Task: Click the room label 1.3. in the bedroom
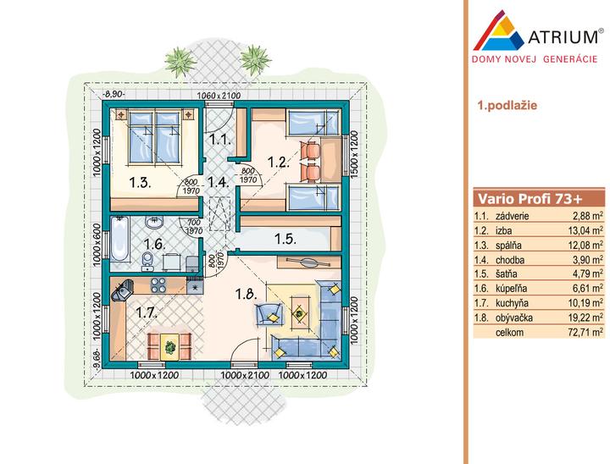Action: click(140, 182)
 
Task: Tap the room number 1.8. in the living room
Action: click(247, 294)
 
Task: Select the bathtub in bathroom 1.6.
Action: click(119, 239)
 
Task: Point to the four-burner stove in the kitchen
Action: click(158, 285)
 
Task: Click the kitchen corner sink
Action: click(122, 290)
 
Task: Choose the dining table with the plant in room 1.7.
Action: click(169, 346)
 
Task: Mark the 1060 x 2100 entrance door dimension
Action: click(219, 96)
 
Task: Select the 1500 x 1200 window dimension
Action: click(354, 154)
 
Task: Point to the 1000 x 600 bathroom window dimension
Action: click(97, 245)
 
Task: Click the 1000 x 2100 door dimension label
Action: click(245, 375)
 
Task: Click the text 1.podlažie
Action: click(507, 105)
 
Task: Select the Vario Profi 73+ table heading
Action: click(530, 199)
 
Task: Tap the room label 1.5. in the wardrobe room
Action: click(286, 239)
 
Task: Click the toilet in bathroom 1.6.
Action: click(147, 260)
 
